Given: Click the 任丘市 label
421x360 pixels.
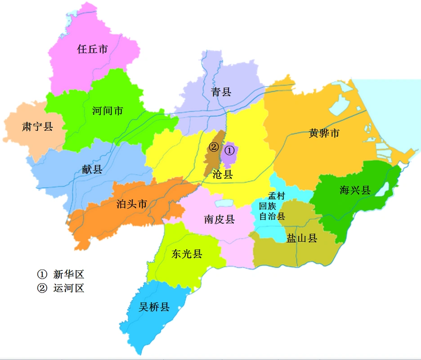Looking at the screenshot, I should click(x=93, y=49).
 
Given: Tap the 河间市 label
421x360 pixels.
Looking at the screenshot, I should click(x=107, y=110).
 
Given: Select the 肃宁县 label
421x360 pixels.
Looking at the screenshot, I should click(x=37, y=126).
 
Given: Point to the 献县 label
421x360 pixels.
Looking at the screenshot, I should click(x=92, y=169).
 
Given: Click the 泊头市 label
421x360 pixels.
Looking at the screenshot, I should click(x=131, y=204).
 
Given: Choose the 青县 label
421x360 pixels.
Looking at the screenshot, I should click(x=221, y=92).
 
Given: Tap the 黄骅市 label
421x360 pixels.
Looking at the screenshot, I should click(x=324, y=133).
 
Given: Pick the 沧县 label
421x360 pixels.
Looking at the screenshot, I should click(x=222, y=175).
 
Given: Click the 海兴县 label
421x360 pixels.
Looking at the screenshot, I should click(x=355, y=190).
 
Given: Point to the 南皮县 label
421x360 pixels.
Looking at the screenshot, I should click(x=219, y=220).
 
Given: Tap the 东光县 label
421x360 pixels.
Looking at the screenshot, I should click(x=187, y=254).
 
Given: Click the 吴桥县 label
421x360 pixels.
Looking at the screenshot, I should click(x=154, y=307).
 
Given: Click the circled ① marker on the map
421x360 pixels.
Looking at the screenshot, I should click(x=229, y=149).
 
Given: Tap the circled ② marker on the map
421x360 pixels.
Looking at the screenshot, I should click(x=214, y=147).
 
